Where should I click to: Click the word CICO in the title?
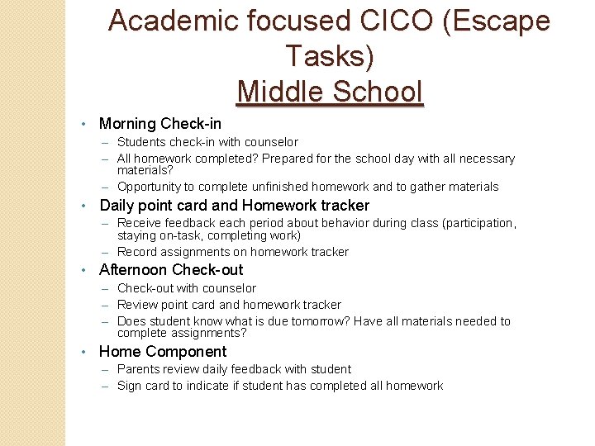[393, 21]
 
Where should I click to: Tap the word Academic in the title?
[168, 21]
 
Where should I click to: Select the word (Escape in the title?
[497, 21]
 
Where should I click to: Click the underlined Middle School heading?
[330, 91]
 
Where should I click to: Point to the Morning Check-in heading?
[160, 124]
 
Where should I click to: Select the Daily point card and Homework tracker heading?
[235, 206]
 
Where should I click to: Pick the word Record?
[137, 252]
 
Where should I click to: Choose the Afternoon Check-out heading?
[171, 270]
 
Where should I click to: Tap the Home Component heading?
[163, 352]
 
